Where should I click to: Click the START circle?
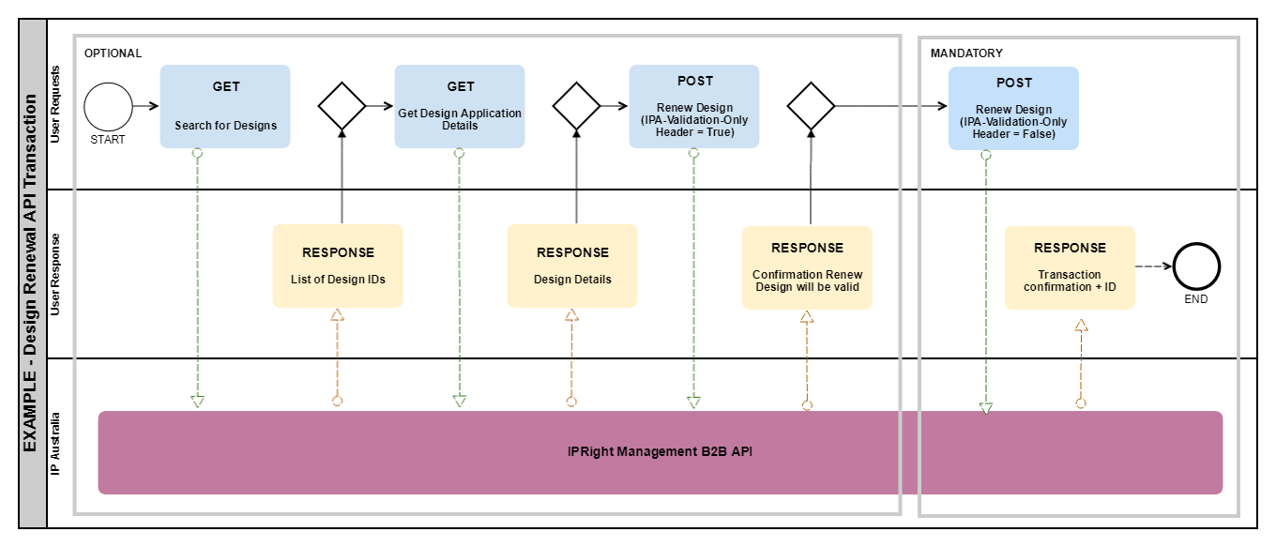tap(108, 106)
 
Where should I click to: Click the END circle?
tap(1195, 266)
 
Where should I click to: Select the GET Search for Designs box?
tap(225, 106)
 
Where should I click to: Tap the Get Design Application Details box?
tap(460, 106)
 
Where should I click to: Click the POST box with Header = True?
tap(694, 106)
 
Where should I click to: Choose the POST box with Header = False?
tap(1013, 108)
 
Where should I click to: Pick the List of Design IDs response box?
tap(338, 266)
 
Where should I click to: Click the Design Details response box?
tap(572, 266)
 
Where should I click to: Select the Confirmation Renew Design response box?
tap(807, 267)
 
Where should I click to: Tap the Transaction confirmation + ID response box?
tap(1070, 267)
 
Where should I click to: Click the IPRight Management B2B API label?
tap(661, 452)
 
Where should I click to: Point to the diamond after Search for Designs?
tap(342, 106)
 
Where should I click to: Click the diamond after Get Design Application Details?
tap(576, 106)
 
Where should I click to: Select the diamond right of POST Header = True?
tap(811, 106)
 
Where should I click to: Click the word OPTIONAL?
tap(113, 53)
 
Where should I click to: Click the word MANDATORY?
tap(966, 53)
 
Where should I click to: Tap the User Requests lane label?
tap(56, 103)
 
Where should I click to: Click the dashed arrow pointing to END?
tap(1153, 266)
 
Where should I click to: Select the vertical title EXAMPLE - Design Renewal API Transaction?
tap(32, 272)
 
